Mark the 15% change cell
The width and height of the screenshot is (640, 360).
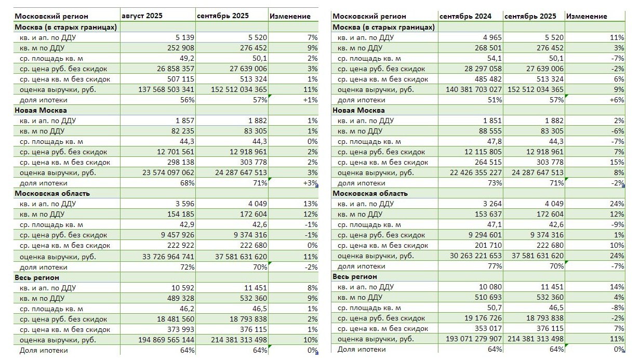616,162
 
